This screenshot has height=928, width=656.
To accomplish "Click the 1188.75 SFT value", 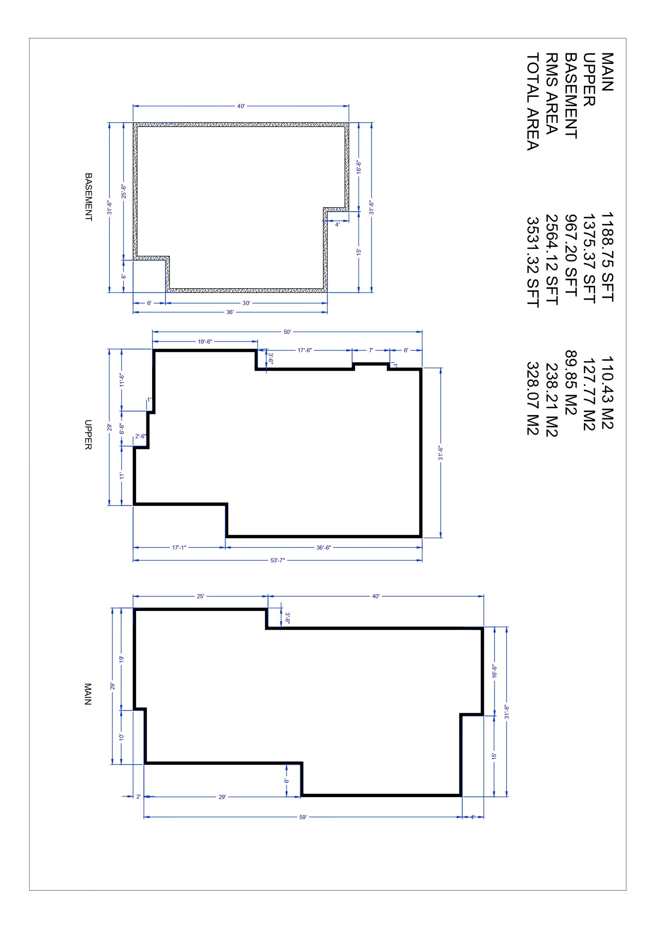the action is [607, 257].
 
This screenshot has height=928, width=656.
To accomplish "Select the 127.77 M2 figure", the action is [589, 394].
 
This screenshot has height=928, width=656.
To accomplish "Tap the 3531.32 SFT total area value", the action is [532, 262].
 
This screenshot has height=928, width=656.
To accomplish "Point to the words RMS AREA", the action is [551, 94].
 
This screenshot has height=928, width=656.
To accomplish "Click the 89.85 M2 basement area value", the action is [571, 382].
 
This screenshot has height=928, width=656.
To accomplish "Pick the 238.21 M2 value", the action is [551, 400].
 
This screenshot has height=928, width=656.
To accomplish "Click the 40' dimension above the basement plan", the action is [241, 106].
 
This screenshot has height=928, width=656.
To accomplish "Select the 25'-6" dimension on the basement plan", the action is [123, 192].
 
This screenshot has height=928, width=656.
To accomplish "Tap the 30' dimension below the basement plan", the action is [246, 303].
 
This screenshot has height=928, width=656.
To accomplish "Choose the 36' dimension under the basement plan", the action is [230, 312].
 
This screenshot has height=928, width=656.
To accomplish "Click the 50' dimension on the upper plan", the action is [287, 332].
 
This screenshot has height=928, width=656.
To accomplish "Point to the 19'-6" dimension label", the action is [205, 342].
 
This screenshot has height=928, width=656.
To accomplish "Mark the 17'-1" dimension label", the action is [179, 547].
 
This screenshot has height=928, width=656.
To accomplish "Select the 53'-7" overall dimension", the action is [278, 560].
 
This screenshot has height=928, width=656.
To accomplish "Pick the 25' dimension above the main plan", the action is [200, 596].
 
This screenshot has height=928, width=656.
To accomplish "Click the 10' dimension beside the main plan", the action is [121, 737].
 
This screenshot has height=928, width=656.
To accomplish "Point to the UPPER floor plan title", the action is [88, 435].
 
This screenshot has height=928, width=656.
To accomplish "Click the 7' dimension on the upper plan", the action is [371, 350].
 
